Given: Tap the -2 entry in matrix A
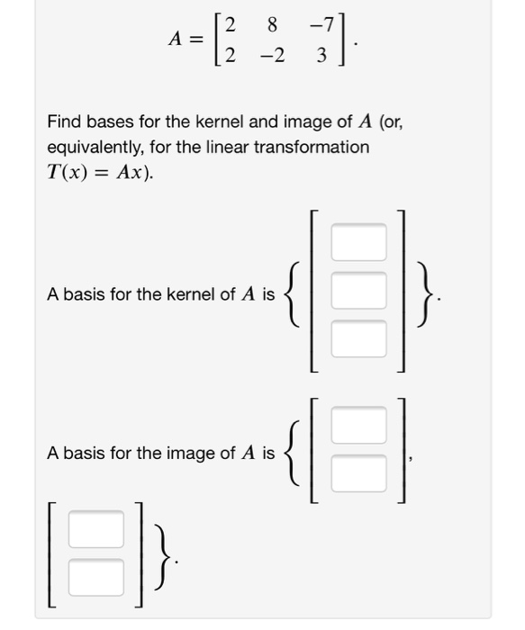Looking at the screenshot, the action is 271,56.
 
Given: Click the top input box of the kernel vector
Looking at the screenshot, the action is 358,242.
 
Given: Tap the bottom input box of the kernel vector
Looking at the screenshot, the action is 358,338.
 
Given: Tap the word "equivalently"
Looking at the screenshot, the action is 99,147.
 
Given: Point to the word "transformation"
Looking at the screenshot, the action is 313,147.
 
